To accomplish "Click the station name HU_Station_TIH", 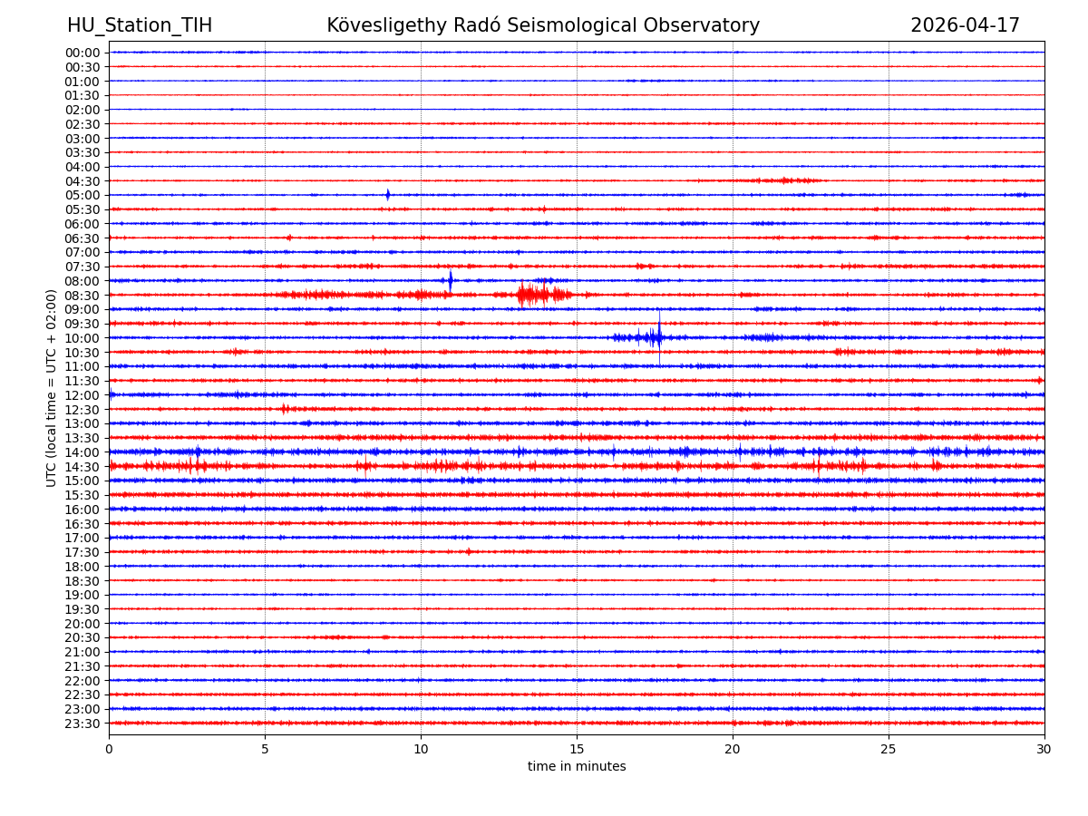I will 140,26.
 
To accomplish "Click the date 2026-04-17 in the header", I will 965,26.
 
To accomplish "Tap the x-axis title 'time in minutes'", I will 577,767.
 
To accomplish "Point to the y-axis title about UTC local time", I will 52,388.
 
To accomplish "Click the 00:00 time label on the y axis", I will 83,53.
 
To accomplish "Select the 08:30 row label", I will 83,296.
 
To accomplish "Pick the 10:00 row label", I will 83,338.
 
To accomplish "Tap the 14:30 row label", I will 83,467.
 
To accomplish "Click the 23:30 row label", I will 83,724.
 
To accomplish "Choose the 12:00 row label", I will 83,395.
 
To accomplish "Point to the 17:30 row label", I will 83,552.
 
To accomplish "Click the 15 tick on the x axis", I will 577,749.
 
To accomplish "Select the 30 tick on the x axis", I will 1044,749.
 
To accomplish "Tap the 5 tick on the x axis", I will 265,749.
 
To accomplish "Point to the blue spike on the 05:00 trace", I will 388,195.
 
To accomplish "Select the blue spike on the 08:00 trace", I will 451,280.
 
